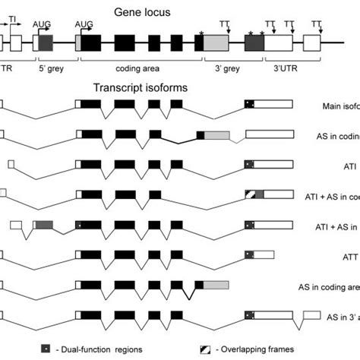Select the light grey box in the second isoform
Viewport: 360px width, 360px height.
217,135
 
